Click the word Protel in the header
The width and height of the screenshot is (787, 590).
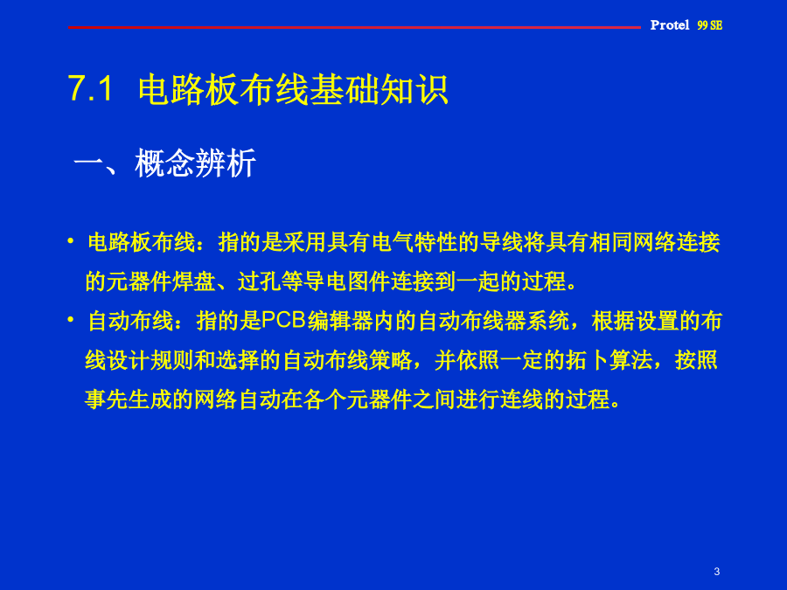click(670, 25)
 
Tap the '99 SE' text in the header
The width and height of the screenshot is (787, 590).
click(710, 25)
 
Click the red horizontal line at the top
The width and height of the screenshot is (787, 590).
click(354, 27)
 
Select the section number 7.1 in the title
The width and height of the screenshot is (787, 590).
click(90, 89)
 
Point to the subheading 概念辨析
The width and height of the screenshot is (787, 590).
click(195, 163)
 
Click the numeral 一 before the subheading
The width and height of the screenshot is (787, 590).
click(89, 163)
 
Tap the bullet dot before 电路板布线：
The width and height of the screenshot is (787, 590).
click(71, 241)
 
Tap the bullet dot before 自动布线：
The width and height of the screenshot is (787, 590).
click(71, 320)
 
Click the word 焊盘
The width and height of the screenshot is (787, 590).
click(193, 281)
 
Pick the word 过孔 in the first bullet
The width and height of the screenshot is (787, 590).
click(259, 281)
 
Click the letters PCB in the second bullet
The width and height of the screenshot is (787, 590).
click(284, 321)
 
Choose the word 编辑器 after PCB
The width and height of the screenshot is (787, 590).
click(339, 321)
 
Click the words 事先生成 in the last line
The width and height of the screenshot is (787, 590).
click(129, 399)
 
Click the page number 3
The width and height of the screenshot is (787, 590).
click(717, 571)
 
